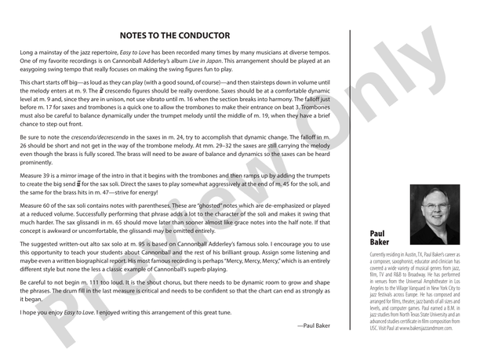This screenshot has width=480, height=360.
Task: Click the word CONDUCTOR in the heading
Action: (x=200, y=35)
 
